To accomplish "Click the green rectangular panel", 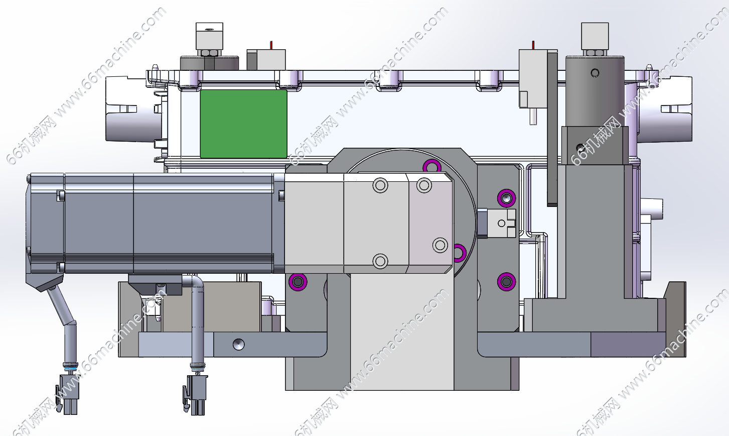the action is coord(243,124).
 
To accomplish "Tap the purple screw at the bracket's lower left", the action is coord(298,282).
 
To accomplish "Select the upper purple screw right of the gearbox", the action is coord(506,198).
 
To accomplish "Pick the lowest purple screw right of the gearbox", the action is coord(506,282).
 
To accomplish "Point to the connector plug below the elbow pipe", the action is coord(195,395).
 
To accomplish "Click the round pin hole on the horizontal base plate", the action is coord(238,345).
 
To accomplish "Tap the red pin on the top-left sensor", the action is coord(271,45).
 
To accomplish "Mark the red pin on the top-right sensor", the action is coord(533,45).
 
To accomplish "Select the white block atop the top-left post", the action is coord(209,36).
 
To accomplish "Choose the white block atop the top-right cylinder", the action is coord(595,36).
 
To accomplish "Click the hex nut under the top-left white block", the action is coord(209,53).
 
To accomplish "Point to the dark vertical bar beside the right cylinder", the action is coord(552,128).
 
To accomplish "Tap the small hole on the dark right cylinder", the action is coord(595,73).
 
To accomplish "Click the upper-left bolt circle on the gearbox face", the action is coord(380,185).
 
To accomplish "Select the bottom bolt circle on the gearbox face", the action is coord(380,261).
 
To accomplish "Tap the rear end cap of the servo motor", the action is coord(45,223).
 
